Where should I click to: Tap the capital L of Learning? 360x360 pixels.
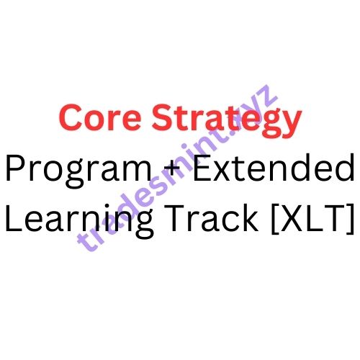pos(12,216)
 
